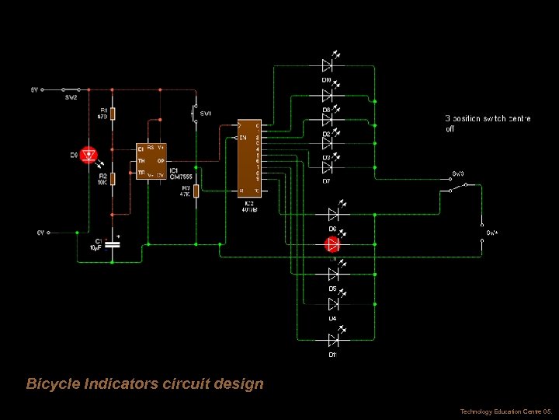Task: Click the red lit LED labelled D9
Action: pyautogui.click(x=89, y=154)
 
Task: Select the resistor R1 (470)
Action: pyautogui.click(x=113, y=114)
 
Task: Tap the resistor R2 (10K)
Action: pyautogui.click(x=113, y=179)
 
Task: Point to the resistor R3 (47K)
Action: pyautogui.click(x=196, y=191)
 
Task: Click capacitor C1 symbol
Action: pyautogui.click(x=113, y=243)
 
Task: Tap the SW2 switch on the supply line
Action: pyautogui.click(x=71, y=90)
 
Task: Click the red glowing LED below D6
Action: pyautogui.click(x=332, y=244)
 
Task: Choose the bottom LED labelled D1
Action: pyautogui.click(x=332, y=340)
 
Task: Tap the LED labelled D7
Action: pyautogui.click(x=328, y=167)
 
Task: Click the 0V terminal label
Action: pyautogui.click(x=41, y=232)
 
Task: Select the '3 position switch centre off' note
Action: pyautogui.click(x=488, y=124)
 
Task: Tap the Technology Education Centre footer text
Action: pyautogui.click(x=505, y=411)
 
